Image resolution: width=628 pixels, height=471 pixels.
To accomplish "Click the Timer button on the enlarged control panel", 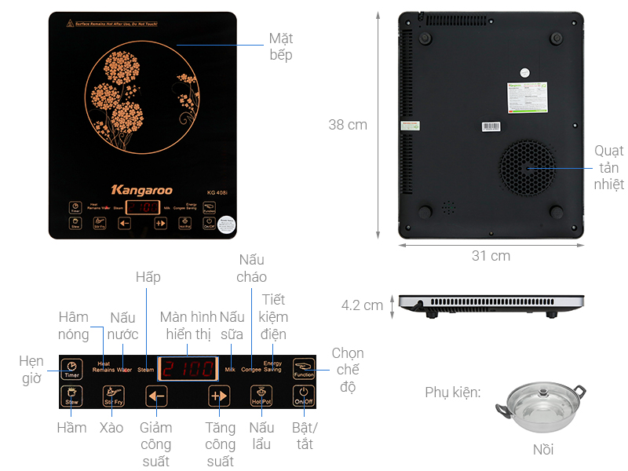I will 71,368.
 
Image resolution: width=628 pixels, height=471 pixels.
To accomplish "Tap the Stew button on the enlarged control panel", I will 71,396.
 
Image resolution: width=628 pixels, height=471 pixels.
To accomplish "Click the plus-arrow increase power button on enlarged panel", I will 219,396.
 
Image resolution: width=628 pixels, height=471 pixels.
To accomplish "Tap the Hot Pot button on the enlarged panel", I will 261,396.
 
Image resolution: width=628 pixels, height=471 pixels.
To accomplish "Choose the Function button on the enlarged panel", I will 303,368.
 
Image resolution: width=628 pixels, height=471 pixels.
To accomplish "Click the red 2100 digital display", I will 188,368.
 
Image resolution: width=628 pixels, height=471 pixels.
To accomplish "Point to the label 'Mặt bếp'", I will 280,46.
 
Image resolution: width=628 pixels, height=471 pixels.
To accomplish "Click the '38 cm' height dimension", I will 348,124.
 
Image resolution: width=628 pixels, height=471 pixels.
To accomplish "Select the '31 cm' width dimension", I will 491,256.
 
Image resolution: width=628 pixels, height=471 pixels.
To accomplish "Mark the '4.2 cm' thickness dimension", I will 362,305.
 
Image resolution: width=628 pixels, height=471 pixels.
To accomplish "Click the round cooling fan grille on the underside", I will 528,167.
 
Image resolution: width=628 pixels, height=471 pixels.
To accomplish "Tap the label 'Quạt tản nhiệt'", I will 608,167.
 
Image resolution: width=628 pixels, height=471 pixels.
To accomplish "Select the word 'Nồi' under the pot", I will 542,449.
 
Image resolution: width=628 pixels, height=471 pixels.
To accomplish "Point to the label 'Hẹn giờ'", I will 32,370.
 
